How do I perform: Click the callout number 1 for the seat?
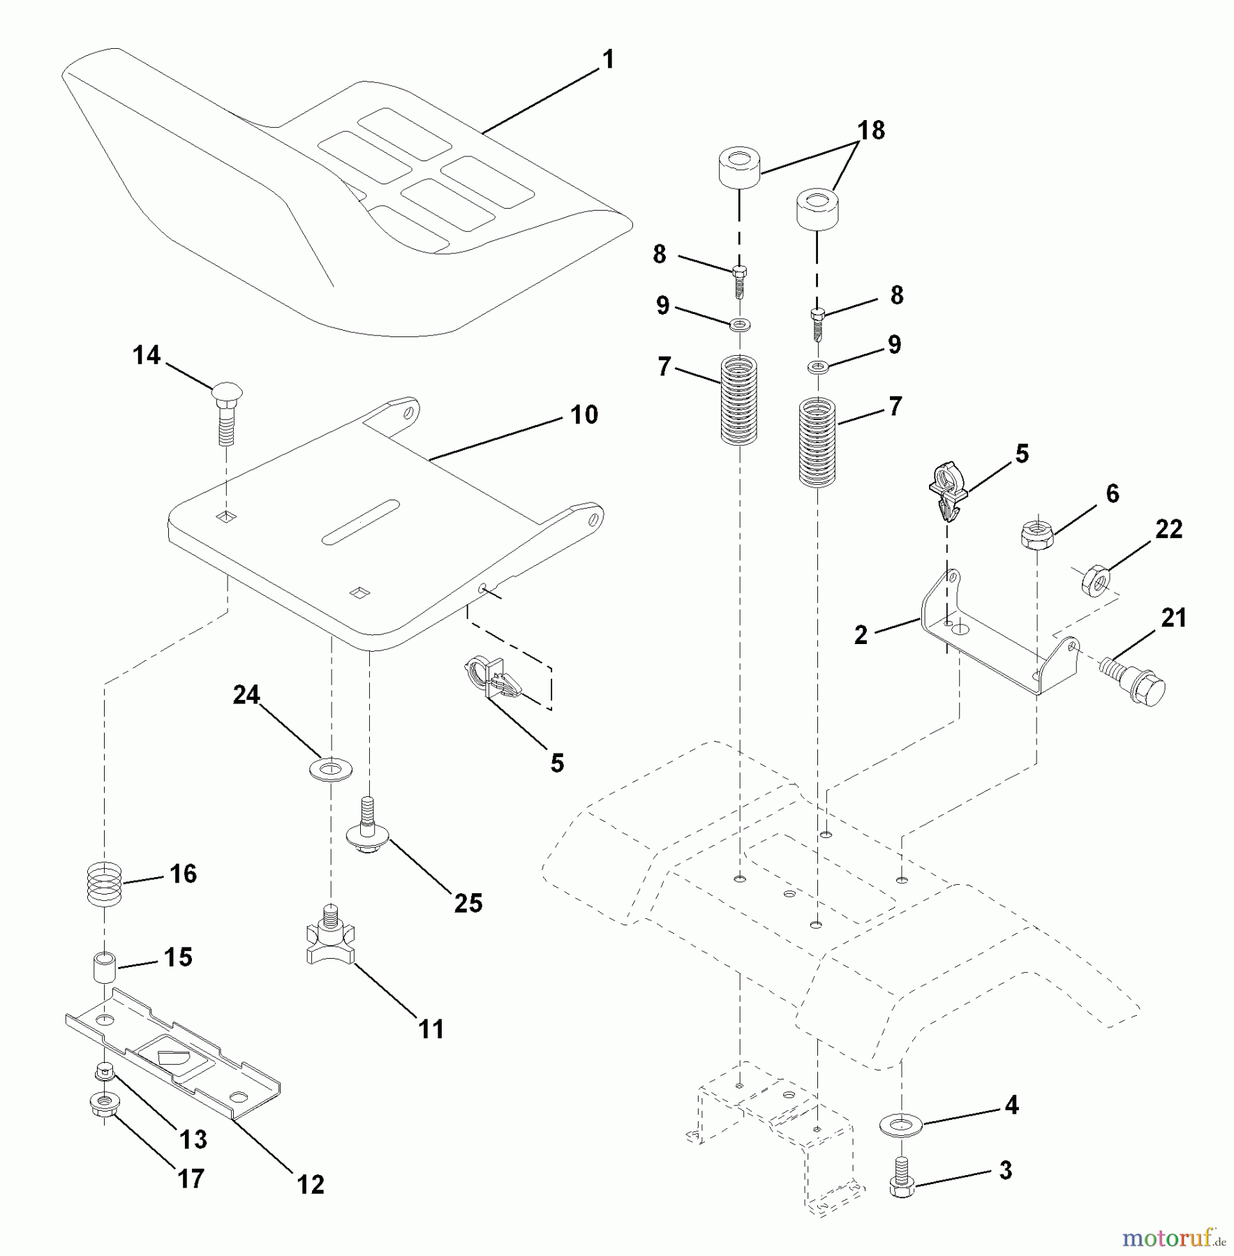click(x=608, y=60)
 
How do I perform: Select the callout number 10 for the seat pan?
click(x=584, y=414)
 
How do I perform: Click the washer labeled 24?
click(x=330, y=769)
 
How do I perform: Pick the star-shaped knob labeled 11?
click(x=330, y=936)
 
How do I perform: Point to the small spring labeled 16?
click(x=105, y=885)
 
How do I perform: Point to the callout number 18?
click(x=871, y=130)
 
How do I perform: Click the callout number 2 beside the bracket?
click(x=861, y=635)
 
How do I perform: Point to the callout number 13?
click(x=193, y=1139)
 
